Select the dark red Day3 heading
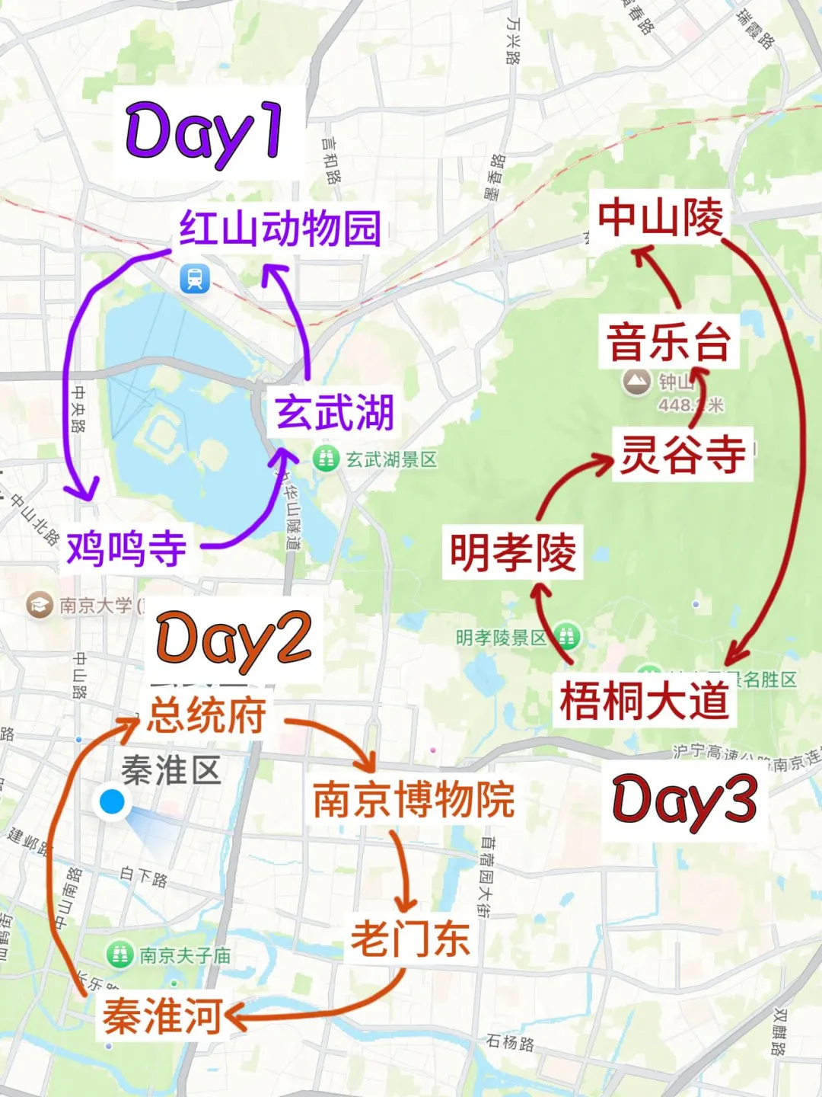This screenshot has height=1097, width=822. (x=684, y=800)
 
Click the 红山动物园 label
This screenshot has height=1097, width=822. (x=279, y=228)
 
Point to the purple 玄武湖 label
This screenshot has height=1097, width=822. (x=335, y=412)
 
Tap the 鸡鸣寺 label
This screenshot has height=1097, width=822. (x=126, y=548)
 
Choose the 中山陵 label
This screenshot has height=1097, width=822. (x=660, y=218)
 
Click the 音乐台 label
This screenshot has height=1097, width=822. (x=668, y=341)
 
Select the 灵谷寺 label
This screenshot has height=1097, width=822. (x=683, y=454)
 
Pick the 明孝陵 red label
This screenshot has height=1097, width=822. (x=512, y=552)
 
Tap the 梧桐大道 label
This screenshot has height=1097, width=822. (x=644, y=699)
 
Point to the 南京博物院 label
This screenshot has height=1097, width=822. (x=414, y=798)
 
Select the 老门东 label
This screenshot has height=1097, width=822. (x=410, y=938)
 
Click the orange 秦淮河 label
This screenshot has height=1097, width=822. (x=162, y=1016)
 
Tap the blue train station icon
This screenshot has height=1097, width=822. (x=195, y=279)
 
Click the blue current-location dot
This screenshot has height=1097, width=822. (x=112, y=801)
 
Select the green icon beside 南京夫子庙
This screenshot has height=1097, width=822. (x=119, y=954)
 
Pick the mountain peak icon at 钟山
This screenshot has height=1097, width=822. (x=636, y=381)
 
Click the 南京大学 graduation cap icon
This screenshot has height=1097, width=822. (x=39, y=605)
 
